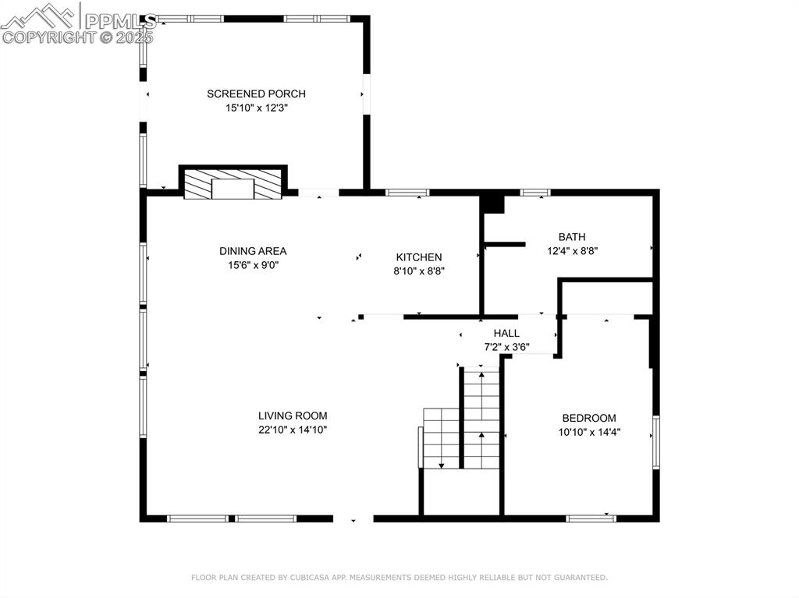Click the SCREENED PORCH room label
pyautogui.click(x=256, y=94)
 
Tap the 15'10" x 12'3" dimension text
pyautogui.click(x=257, y=108)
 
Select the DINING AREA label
pyautogui.click(x=253, y=251)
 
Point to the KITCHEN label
pyautogui.click(x=419, y=257)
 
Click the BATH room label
pyautogui.click(x=572, y=237)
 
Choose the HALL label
pyautogui.click(x=506, y=333)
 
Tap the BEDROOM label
pyautogui.click(x=589, y=418)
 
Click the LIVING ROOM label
pyautogui.click(x=293, y=416)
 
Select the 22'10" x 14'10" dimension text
pyautogui.click(x=293, y=430)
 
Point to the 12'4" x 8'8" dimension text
pyautogui.click(x=572, y=251)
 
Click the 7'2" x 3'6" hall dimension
pyautogui.click(x=506, y=348)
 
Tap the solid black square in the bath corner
pyautogui.click(x=493, y=203)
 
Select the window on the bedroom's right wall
pyautogui.click(x=656, y=442)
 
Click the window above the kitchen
pyautogui.click(x=407, y=193)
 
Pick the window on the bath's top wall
pyautogui.click(x=535, y=193)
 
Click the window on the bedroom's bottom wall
pyautogui.click(x=591, y=518)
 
